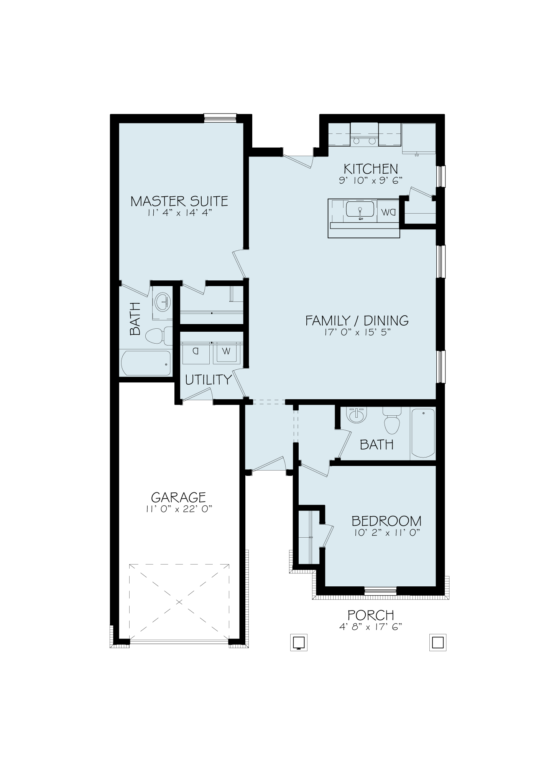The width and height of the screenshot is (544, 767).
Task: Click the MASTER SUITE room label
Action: [x=179, y=201]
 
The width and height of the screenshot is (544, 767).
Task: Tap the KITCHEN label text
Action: [x=371, y=169]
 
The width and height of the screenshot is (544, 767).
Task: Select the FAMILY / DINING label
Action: [x=357, y=320]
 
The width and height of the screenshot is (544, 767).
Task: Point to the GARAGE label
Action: [x=178, y=497]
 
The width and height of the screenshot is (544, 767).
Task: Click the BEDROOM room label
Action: [x=386, y=521]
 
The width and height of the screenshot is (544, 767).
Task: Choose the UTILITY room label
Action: [x=209, y=380]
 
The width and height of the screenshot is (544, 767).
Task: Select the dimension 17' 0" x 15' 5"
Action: [x=357, y=332]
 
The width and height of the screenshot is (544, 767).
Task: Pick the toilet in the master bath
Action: [x=159, y=336]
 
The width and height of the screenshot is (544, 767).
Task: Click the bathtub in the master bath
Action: [x=146, y=363]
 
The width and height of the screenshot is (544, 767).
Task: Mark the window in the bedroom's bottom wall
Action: [x=380, y=591]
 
